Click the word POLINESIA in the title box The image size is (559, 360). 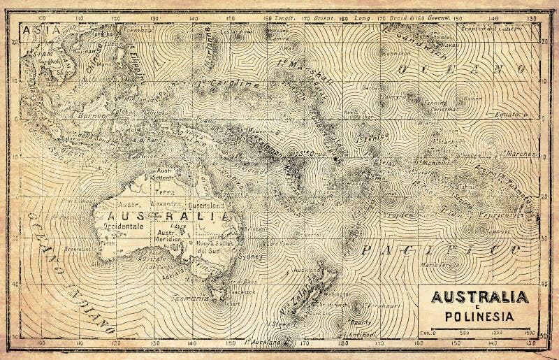[x=479, y=316]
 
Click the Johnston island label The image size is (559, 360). [x=398, y=53]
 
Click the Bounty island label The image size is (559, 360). [x=360, y=322]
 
